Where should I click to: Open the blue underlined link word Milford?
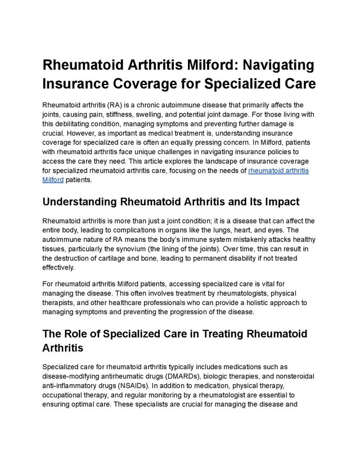52,180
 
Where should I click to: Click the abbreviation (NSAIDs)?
132,386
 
